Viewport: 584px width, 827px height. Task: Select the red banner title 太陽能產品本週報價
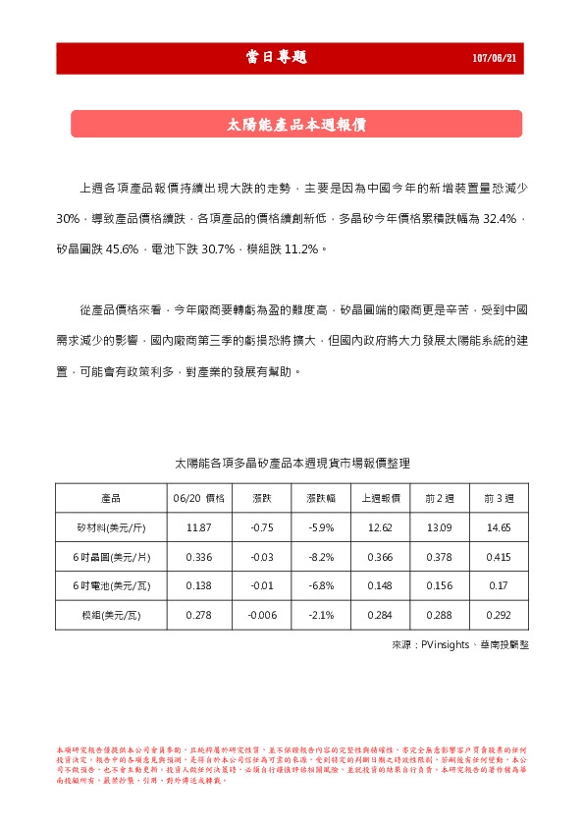[x=296, y=125]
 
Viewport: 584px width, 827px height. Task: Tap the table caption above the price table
[x=292, y=462]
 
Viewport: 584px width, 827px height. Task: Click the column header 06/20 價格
[x=199, y=498]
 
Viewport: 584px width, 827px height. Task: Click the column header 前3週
[x=499, y=498]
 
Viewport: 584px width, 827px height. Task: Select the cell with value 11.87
[x=199, y=527]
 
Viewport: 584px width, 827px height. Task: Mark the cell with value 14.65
[x=499, y=527]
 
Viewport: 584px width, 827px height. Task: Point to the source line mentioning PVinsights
[x=459, y=644]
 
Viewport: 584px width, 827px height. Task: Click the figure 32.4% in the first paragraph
[x=504, y=217]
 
